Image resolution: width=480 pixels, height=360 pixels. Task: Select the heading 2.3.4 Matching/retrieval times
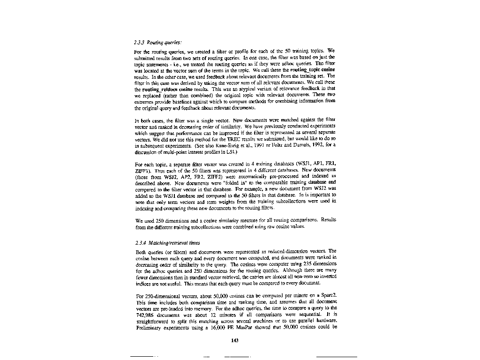pyautogui.click(x=167, y=243)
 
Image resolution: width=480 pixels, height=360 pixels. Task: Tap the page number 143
pyautogui.click(x=235, y=340)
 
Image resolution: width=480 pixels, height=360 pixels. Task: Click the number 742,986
pyautogui.click(x=145, y=315)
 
